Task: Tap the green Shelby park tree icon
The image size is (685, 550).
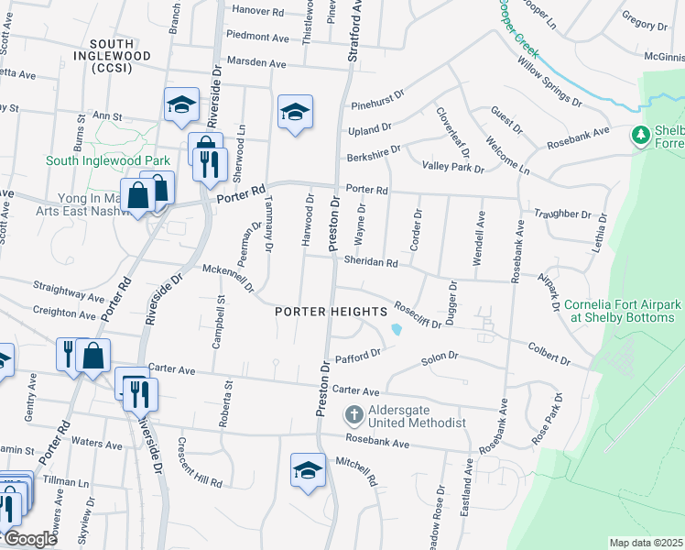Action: (641, 136)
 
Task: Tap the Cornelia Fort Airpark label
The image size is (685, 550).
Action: (623, 311)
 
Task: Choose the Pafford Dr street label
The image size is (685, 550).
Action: (357, 356)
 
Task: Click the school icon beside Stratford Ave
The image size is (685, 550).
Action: (295, 113)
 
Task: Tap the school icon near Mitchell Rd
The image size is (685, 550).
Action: (308, 471)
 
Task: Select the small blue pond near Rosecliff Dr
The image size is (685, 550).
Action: (396, 328)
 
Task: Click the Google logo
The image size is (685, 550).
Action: (29, 539)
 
